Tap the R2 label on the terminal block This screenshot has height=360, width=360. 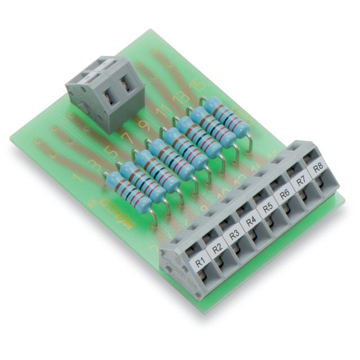tap(217, 247)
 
